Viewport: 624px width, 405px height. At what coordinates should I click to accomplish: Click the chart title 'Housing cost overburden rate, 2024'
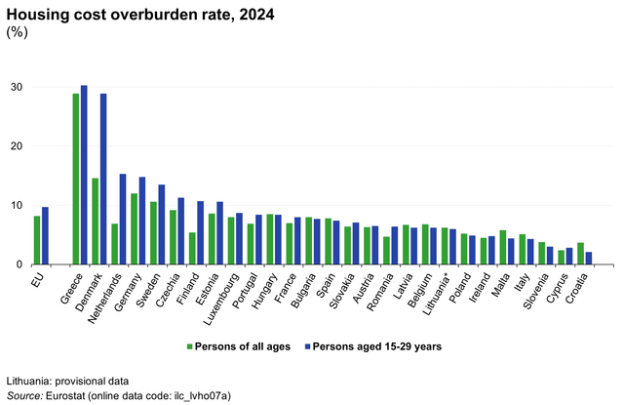click(137, 13)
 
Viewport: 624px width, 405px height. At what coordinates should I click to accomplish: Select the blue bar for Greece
click(84, 176)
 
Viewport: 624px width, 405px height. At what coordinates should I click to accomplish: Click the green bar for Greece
click(76, 180)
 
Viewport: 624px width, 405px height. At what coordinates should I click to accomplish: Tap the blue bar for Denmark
click(103, 180)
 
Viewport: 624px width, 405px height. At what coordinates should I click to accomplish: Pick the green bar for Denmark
click(96, 222)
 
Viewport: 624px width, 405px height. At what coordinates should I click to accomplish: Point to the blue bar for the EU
click(45, 236)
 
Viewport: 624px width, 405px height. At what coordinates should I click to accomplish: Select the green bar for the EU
click(37, 241)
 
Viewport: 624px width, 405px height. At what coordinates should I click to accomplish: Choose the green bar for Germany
click(134, 229)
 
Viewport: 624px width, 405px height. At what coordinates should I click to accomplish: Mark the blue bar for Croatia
click(589, 259)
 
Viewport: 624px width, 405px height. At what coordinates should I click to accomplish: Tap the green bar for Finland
click(192, 249)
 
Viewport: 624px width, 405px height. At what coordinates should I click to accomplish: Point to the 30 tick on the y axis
click(17, 87)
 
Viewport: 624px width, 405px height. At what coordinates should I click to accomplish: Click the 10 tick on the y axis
click(17, 206)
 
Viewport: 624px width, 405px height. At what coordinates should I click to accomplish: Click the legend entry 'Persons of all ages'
click(240, 345)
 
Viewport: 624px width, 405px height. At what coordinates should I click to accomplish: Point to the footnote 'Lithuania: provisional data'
click(67, 380)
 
